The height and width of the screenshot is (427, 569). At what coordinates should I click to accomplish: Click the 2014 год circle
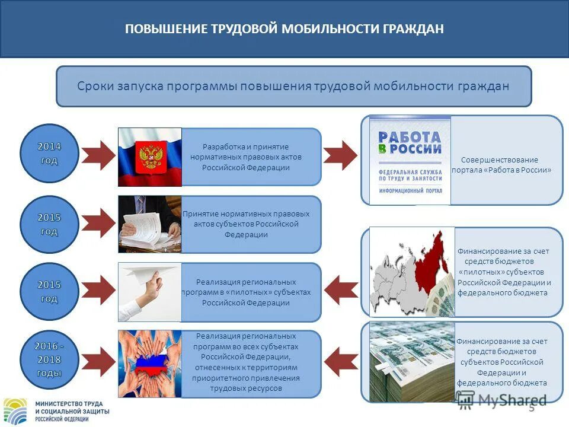pyautogui.click(x=49, y=153)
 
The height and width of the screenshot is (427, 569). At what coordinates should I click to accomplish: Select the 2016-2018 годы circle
pyautogui.click(x=49, y=360)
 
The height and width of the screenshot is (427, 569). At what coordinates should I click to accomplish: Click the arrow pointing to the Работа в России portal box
pyautogui.click(x=341, y=156)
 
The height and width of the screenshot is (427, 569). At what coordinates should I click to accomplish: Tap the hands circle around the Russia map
pyautogui.click(x=149, y=363)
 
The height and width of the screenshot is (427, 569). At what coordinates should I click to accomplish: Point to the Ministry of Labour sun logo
pyautogui.click(x=16, y=410)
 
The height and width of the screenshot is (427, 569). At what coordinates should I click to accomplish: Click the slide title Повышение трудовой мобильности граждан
pyautogui.click(x=284, y=29)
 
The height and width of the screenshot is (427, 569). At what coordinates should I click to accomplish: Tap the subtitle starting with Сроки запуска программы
pyautogui.click(x=293, y=86)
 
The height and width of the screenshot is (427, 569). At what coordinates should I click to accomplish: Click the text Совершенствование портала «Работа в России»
pyautogui.click(x=501, y=165)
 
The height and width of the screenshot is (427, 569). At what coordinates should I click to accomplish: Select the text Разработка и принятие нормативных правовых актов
pyautogui.click(x=246, y=157)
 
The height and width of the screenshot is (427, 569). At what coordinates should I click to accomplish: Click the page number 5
pyautogui.click(x=532, y=408)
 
